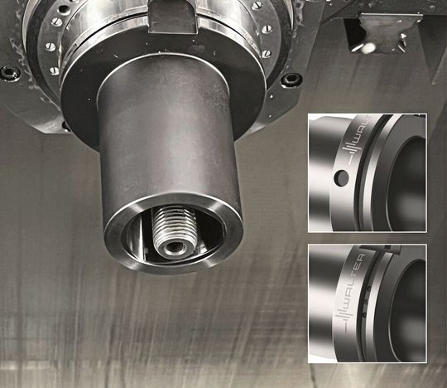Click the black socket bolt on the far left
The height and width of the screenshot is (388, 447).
click(x=9, y=73)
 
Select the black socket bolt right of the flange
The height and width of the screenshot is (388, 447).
click(x=291, y=80)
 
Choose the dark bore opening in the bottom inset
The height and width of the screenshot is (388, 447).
click(x=411, y=307)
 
